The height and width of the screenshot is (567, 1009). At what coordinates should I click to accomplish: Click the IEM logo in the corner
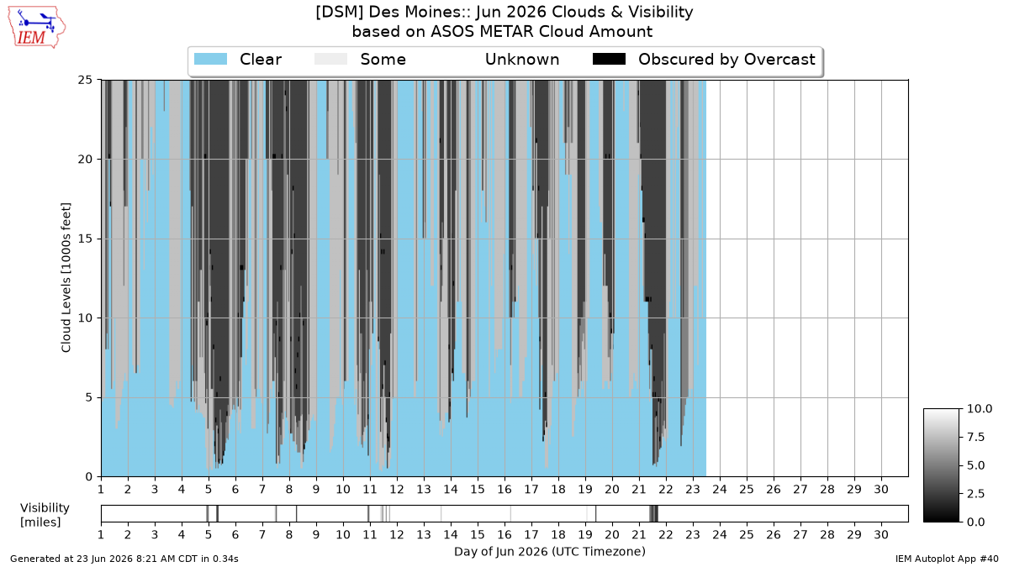click(36, 28)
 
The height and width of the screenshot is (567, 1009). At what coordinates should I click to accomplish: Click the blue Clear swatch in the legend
click(210, 59)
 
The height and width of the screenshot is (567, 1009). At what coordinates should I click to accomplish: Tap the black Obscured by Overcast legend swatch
click(609, 59)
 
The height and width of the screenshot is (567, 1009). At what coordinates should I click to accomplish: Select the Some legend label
click(383, 60)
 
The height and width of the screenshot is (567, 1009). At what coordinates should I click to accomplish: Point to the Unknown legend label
click(522, 60)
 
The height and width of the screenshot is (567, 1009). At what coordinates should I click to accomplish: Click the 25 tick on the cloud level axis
click(85, 80)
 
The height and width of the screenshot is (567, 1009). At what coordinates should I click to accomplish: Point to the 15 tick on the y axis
click(85, 239)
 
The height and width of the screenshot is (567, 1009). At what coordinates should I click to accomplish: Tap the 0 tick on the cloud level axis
click(89, 477)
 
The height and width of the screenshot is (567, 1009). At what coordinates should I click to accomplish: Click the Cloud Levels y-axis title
click(66, 278)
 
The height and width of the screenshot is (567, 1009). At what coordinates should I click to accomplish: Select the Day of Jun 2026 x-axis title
click(550, 552)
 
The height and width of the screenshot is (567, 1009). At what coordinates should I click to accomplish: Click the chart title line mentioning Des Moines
click(504, 12)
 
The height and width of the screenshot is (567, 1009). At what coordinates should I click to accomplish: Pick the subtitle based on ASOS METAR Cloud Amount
click(502, 32)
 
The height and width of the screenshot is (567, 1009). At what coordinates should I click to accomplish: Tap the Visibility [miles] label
click(45, 515)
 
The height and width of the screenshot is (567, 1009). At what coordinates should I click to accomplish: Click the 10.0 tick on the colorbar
click(980, 408)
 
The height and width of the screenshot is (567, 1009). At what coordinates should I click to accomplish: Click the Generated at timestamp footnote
click(124, 559)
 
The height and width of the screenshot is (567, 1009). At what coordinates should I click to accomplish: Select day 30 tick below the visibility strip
click(881, 534)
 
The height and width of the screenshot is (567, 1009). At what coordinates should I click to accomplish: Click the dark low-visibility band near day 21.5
click(653, 513)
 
